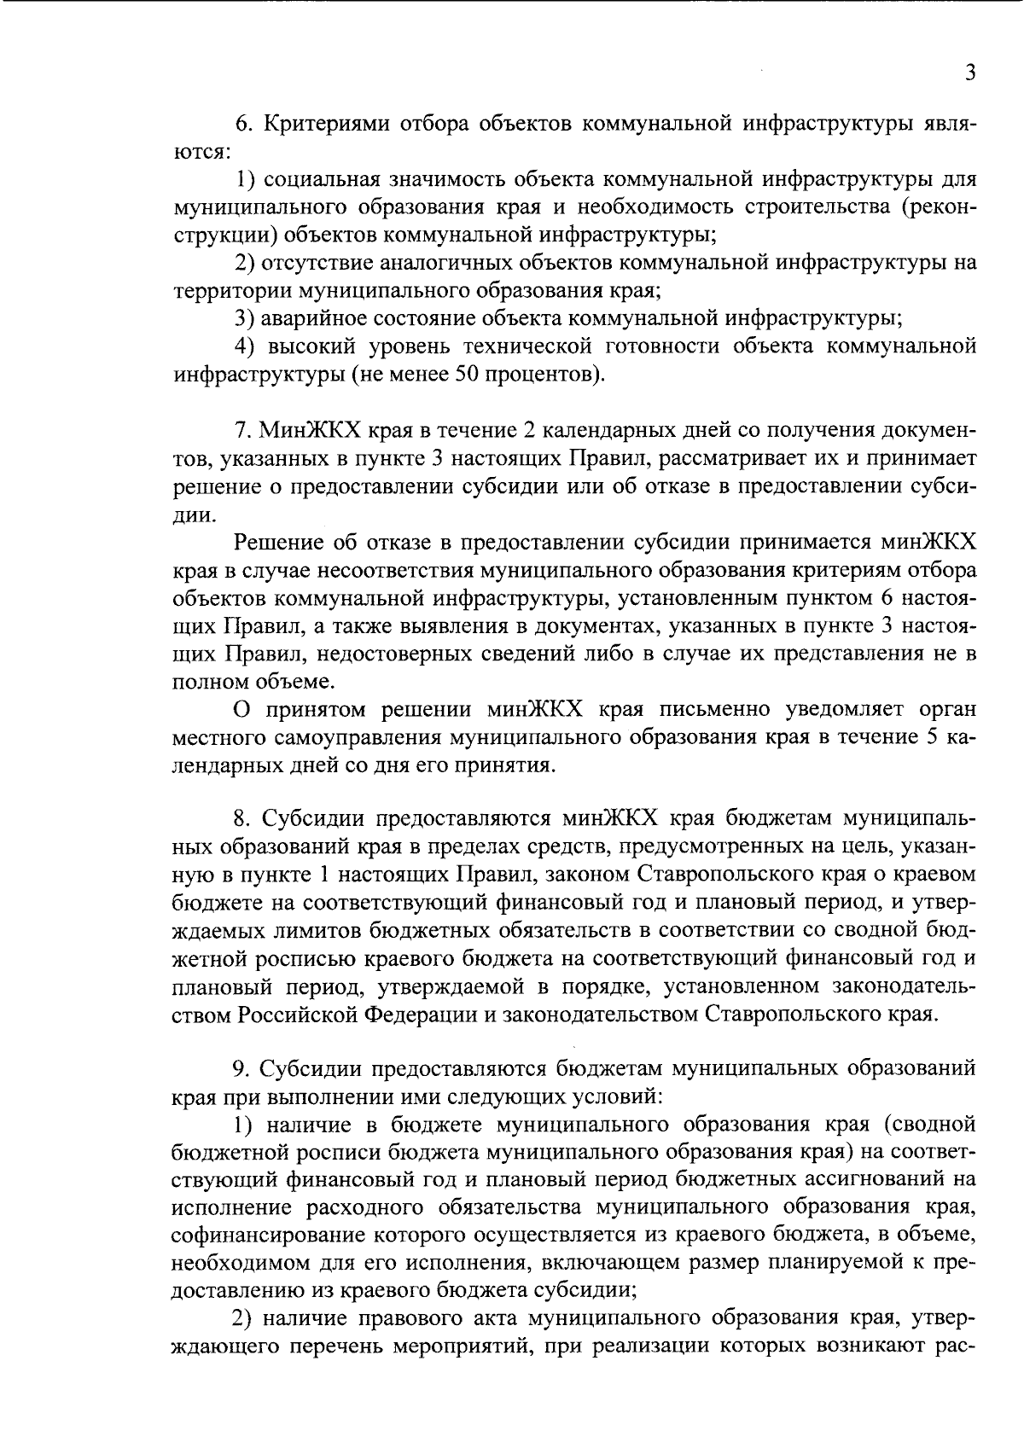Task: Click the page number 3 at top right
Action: [969, 73]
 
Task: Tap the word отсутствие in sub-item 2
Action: [318, 263]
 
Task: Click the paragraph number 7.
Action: [241, 429]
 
